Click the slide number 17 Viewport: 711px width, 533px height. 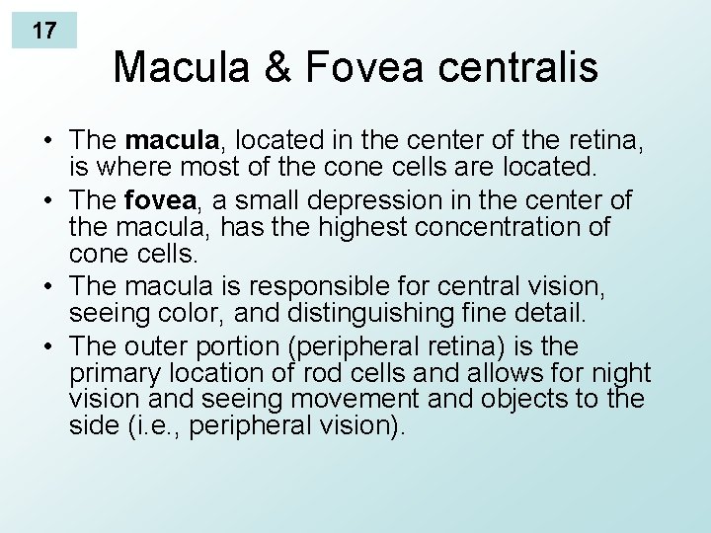click(x=44, y=30)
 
